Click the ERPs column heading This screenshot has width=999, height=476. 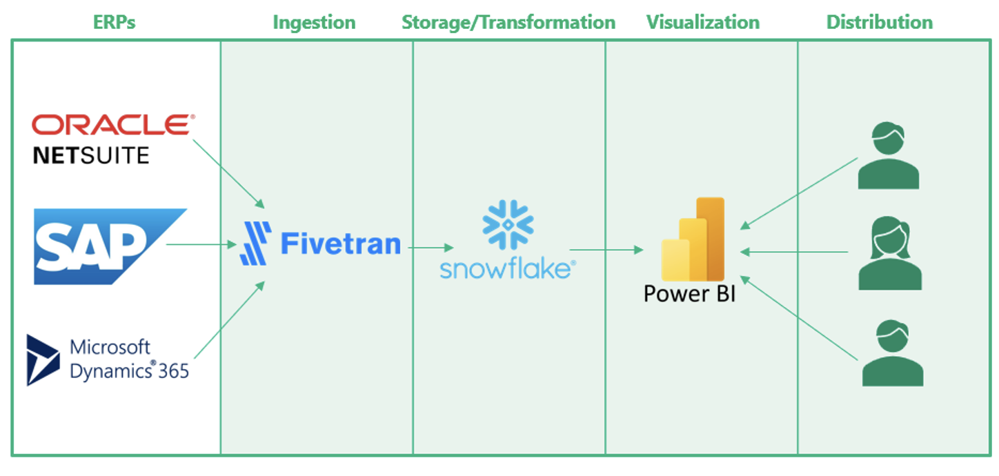tap(115, 22)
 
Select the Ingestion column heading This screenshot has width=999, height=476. tap(314, 22)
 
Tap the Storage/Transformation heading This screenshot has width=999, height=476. tap(508, 22)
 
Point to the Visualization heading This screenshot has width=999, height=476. tap(702, 22)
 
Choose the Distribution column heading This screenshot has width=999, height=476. tap(879, 22)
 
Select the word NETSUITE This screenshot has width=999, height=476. tap(90, 155)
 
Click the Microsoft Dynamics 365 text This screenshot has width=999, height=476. tap(130, 359)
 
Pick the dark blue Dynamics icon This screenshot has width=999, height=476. tap(43, 359)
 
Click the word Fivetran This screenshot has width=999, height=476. tap(341, 244)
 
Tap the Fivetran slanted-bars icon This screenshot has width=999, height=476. tap(255, 244)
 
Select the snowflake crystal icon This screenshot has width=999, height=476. tap(508, 224)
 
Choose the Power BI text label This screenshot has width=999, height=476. tap(689, 293)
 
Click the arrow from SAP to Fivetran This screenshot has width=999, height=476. tap(201, 244)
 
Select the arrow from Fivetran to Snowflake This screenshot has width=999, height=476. tap(431, 247)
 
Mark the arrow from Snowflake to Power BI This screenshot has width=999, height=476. tap(606, 250)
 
